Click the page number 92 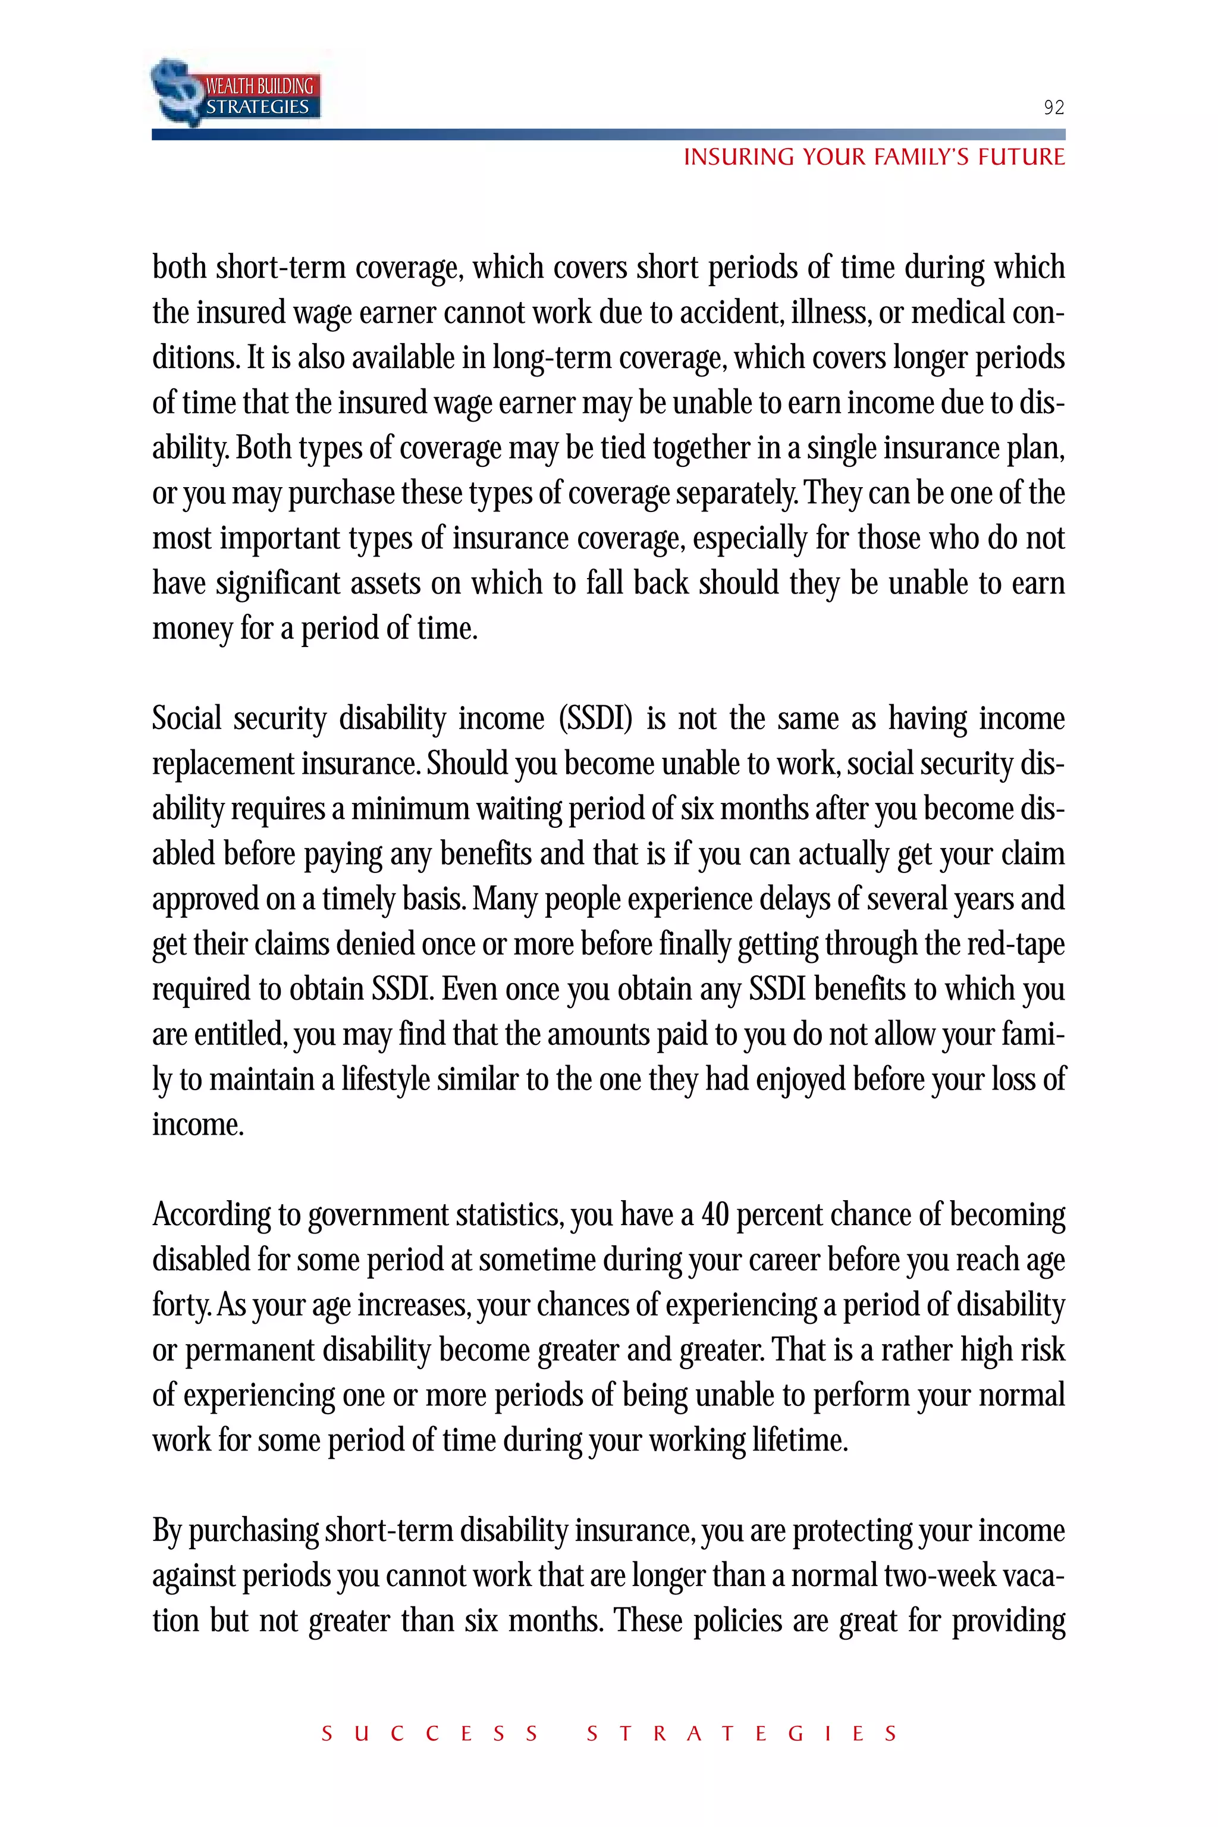(1053, 107)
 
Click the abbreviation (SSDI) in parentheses (596, 718)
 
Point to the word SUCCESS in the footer (429, 1734)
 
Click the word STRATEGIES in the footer (742, 1734)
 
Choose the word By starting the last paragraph (167, 1530)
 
